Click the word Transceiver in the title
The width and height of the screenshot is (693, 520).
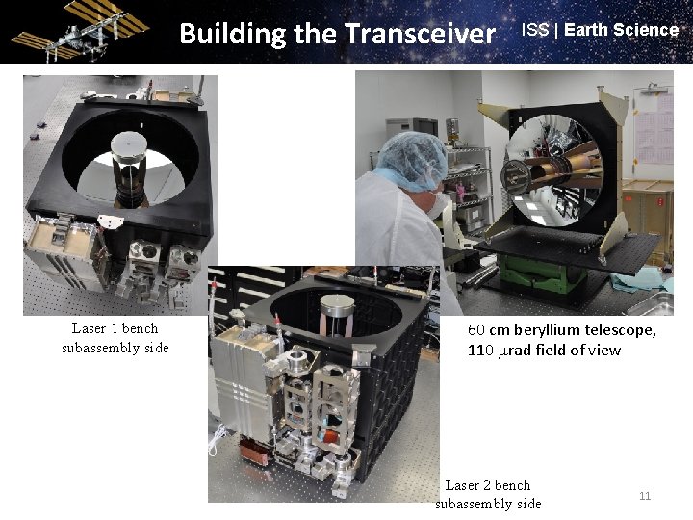420,34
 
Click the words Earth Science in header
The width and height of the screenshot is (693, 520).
622,29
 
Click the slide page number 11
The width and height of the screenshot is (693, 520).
645,496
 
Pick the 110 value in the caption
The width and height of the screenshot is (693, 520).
480,351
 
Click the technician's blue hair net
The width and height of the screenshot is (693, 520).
411,154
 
